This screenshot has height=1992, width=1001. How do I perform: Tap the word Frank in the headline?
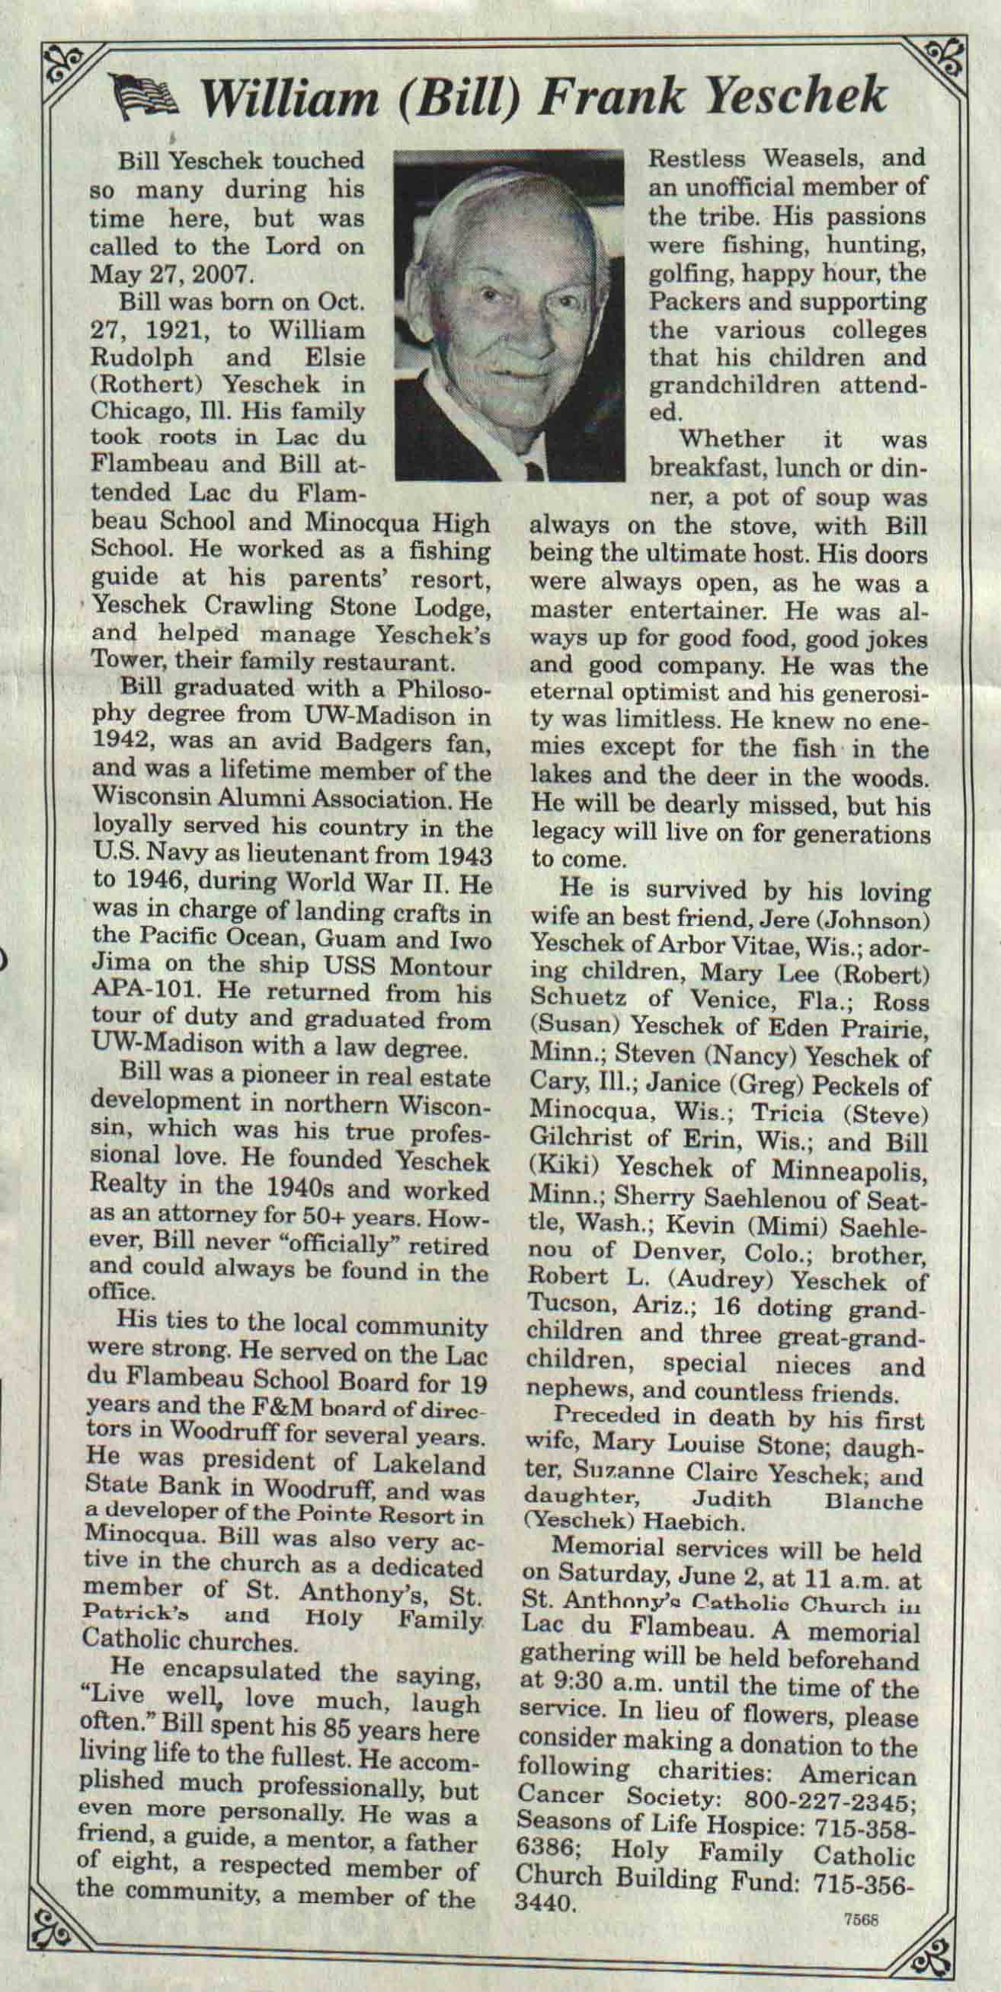(x=611, y=96)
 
